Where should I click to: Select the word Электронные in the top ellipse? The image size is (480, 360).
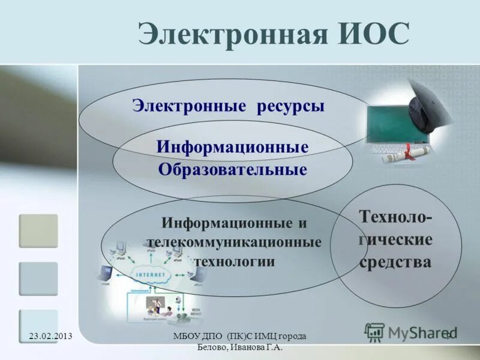click(x=190, y=106)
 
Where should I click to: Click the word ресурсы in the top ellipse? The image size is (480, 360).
click(x=290, y=106)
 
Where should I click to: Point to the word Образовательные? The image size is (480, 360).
click(x=233, y=169)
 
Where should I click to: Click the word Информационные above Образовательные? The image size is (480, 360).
click(x=233, y=146)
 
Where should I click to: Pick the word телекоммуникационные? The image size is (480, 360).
click(x=234, y=242)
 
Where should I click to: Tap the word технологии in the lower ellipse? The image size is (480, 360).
click(x=234, y=262)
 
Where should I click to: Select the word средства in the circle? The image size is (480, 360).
click(x=395, y=262)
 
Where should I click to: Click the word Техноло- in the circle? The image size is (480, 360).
click(x=395, y=217)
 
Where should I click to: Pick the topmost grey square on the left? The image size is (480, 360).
click(x=38, y=231)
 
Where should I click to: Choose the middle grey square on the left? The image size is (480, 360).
click(x=38, y=278)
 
